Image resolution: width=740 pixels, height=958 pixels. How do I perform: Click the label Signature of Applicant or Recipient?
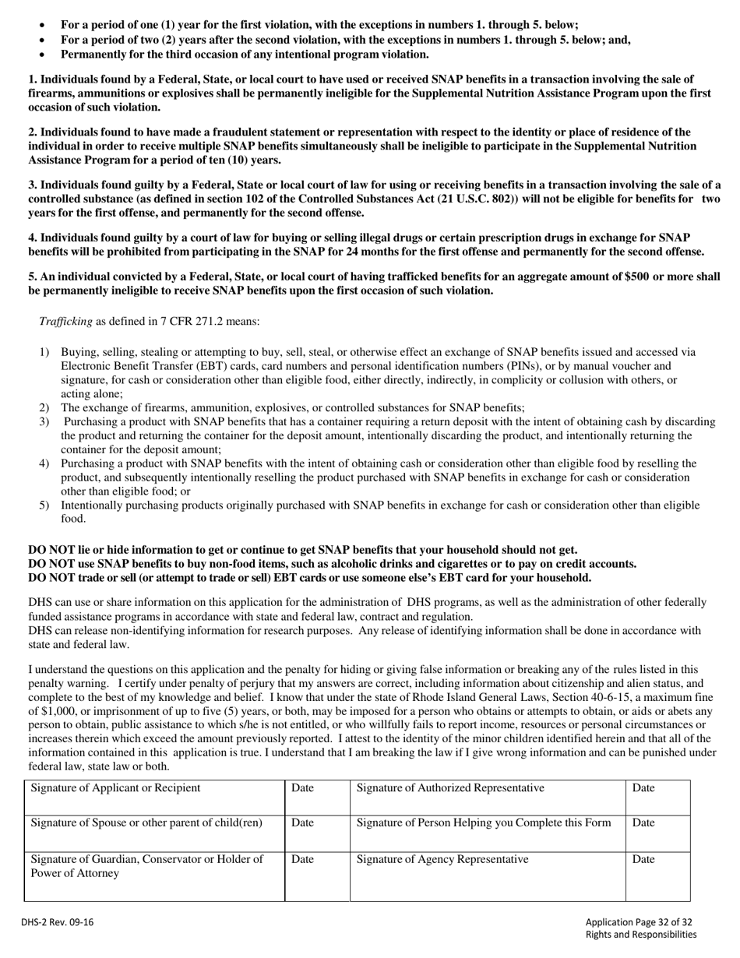point(115,787)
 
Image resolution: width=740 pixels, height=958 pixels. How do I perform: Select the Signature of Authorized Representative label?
point(450,787)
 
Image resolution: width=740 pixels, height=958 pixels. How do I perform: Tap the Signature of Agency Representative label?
point(442,859)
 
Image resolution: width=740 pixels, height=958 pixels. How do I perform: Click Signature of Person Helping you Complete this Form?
point(483,822)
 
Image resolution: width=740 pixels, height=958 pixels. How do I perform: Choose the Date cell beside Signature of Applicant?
point(302,787)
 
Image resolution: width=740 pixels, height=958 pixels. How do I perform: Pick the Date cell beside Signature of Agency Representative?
point(643,859)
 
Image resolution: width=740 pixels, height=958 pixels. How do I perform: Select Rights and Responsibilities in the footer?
point(640,935)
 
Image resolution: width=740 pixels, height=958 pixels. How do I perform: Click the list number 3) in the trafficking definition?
point(44,421)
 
